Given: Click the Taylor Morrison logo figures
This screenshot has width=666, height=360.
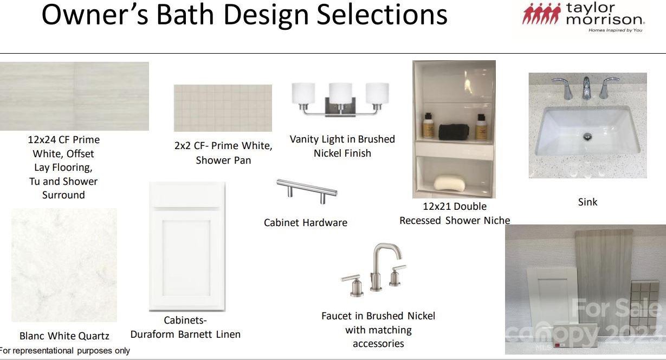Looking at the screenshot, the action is click(541, 14).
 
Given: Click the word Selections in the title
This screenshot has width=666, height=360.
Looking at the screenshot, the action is click(382, 15).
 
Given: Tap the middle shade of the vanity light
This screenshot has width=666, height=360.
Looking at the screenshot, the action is click(340, 93).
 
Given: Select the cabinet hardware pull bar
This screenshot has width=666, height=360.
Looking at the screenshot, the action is click(307, 190).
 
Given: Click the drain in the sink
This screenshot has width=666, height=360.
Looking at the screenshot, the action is click(587, 137).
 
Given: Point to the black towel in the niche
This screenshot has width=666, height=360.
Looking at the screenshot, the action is click(454, 132).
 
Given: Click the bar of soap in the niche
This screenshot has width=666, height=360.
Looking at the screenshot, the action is click(450, 183).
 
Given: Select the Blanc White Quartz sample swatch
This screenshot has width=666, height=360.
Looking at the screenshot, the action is click(64, 265).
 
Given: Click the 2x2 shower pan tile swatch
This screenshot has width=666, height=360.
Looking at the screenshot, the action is click(223, 108).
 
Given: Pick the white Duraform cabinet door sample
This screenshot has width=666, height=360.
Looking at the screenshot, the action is click(187, 246).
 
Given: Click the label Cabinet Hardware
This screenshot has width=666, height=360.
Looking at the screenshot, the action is click(306, 222).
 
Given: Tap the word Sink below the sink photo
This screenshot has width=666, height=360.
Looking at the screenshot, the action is click(587, 202).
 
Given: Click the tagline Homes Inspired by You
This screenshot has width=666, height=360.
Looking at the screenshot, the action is click(616, 30).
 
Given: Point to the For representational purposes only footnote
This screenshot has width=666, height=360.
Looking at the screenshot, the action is click(65, 350).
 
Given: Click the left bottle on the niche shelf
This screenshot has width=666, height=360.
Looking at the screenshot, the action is click(428, 126).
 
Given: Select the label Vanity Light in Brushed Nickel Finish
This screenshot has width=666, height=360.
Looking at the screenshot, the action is click(342, 146).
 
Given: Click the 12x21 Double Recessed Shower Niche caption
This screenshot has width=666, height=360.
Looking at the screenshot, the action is click(455, 213).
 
